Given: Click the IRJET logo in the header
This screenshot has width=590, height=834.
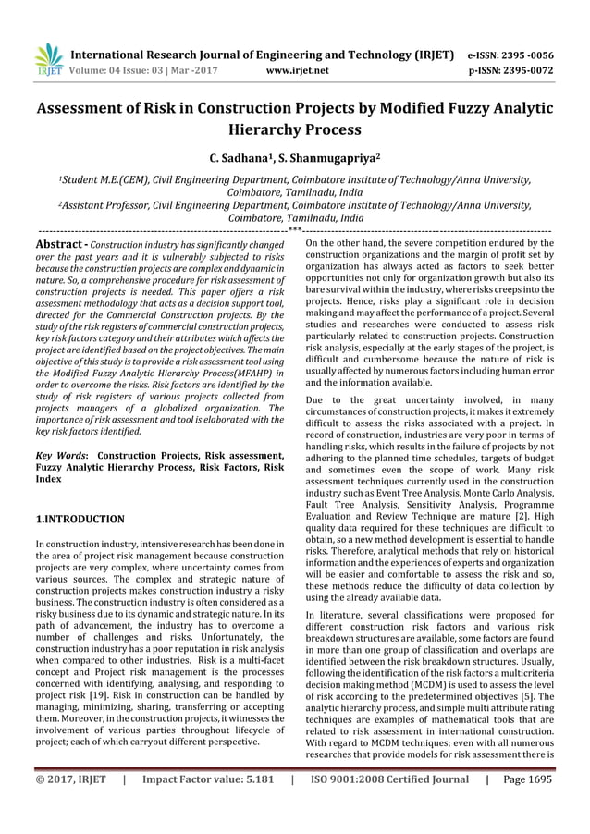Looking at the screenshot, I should point(45,58).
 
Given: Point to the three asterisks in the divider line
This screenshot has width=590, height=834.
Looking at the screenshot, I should point(294,229).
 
